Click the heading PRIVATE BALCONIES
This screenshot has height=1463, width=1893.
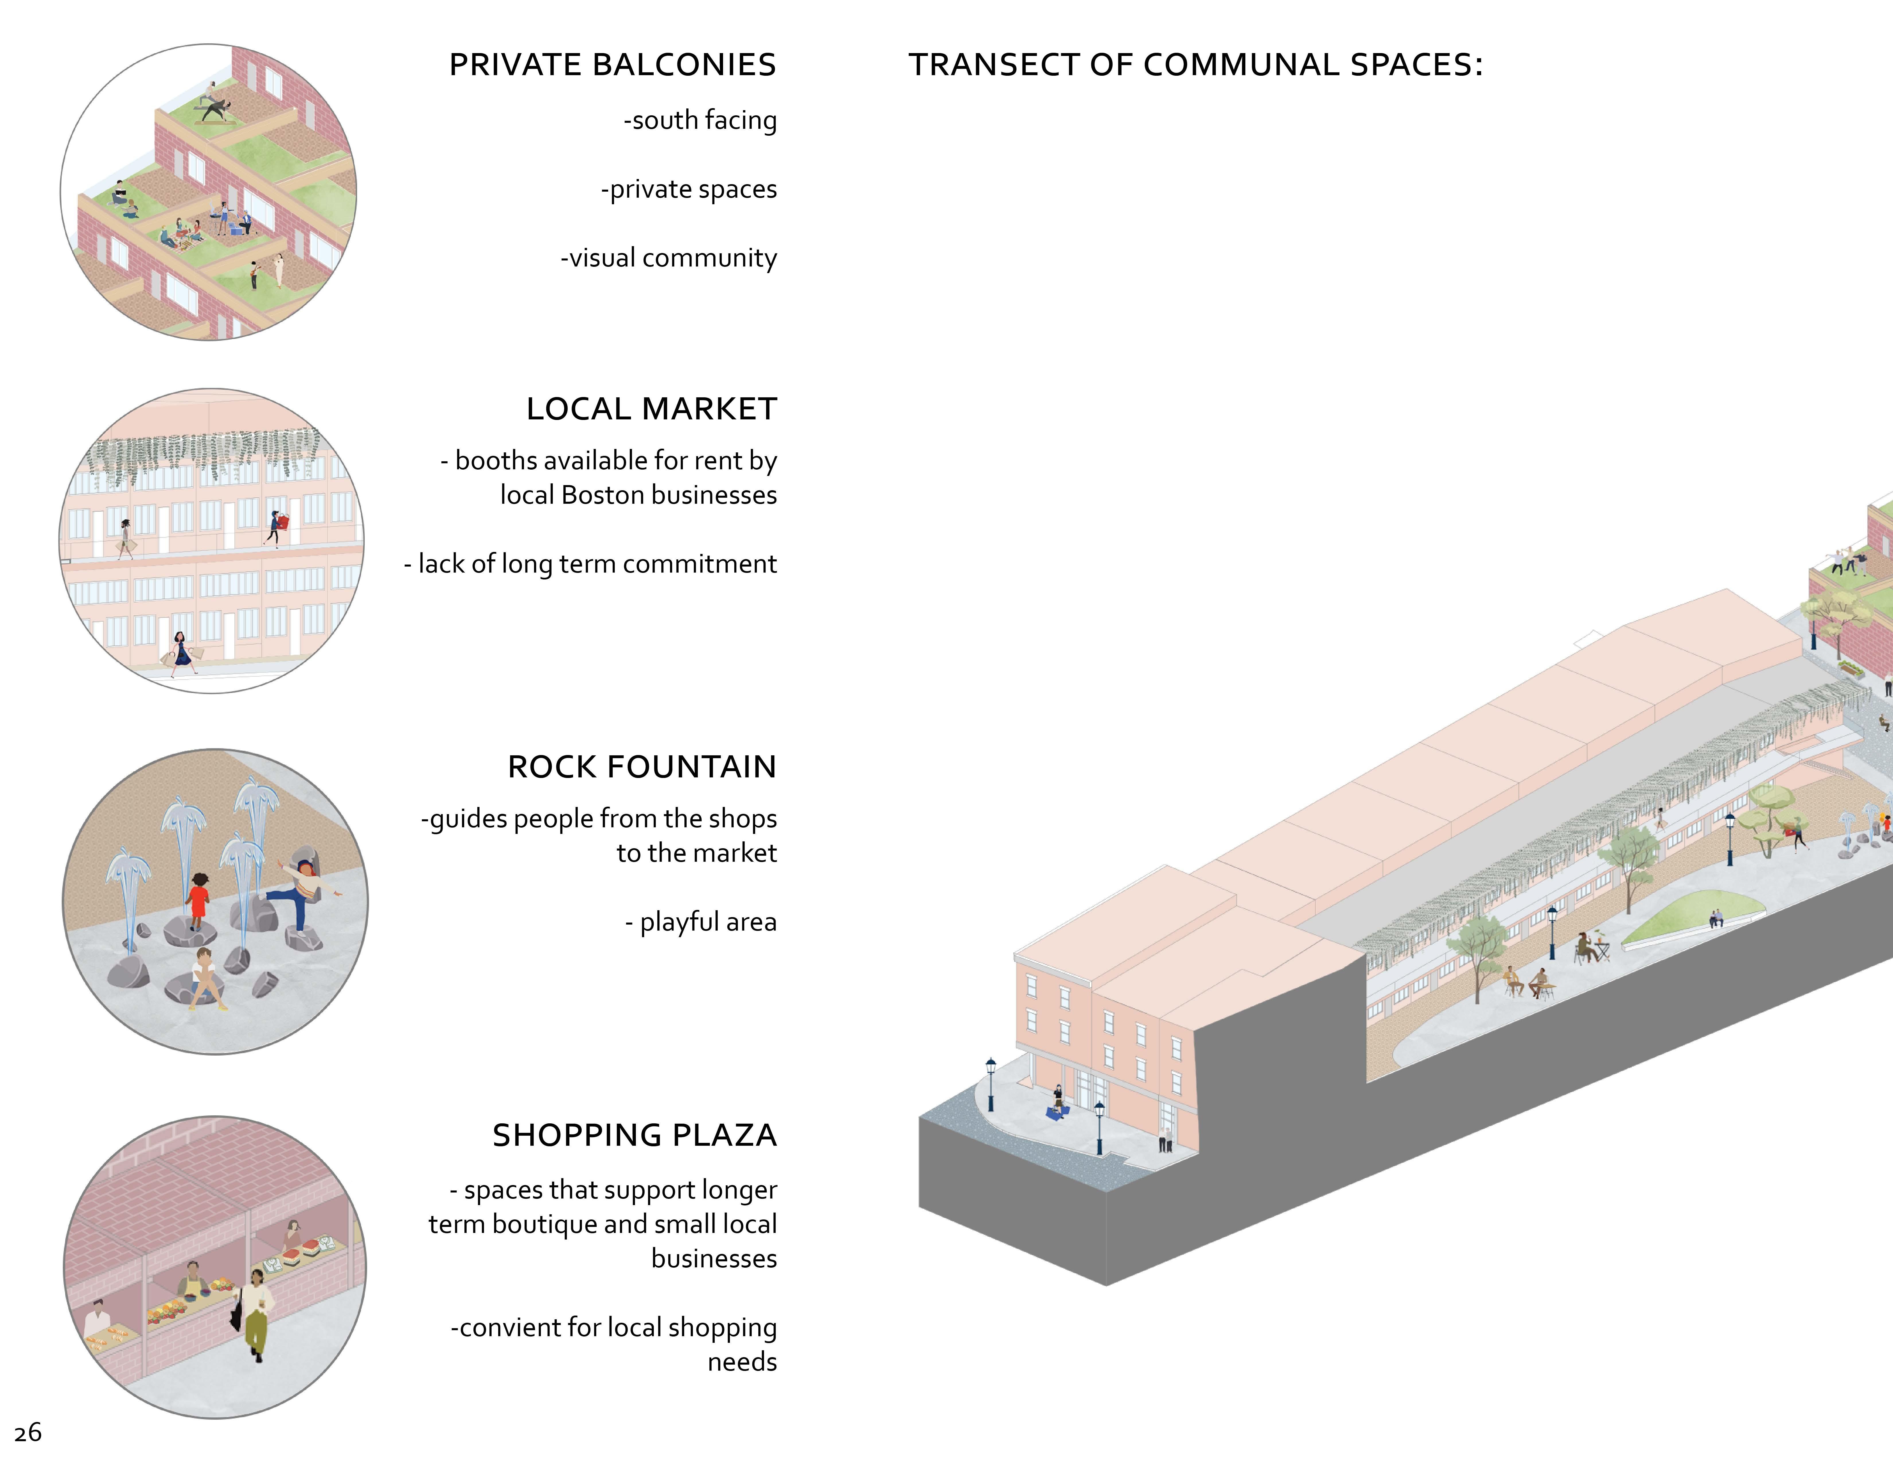pos(612,65)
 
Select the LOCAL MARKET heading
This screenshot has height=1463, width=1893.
pos(651,409)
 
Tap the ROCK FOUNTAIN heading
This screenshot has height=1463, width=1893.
pos(641,767)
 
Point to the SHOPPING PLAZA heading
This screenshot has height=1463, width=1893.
pos(634,1135)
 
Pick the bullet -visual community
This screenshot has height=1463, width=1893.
pos(668,258)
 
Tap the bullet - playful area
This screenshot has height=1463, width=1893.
pos(700,922)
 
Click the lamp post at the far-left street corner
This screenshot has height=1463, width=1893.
pos(990,1083)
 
